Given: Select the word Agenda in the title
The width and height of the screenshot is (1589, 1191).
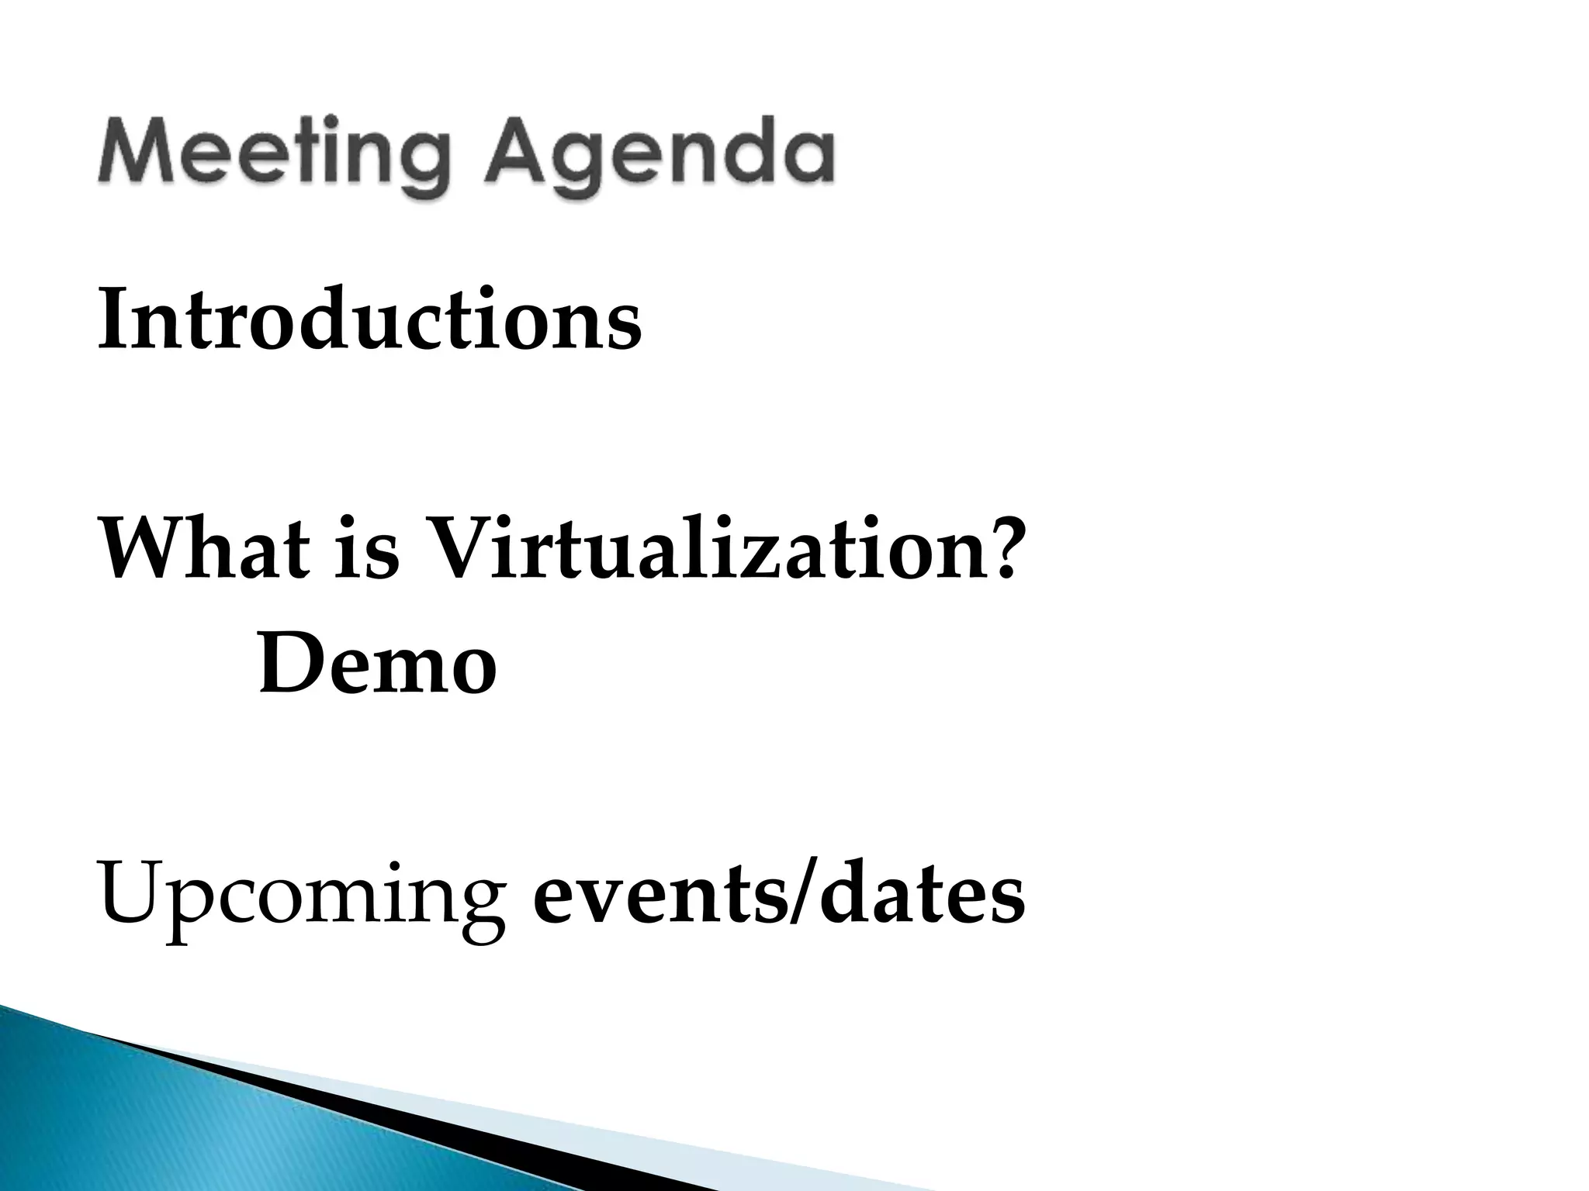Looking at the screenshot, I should (664, 155).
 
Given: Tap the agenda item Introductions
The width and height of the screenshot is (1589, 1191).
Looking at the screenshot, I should (369, 319).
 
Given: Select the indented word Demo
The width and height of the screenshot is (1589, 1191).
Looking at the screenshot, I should (377, 663).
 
